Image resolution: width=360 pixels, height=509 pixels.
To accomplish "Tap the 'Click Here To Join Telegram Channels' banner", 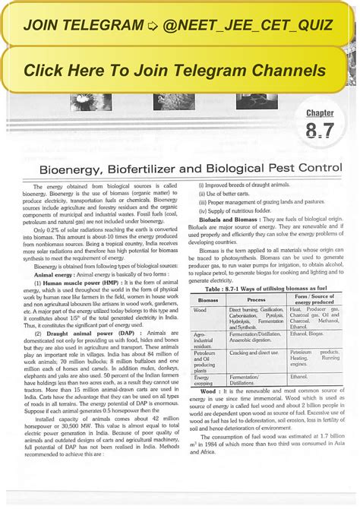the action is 179,70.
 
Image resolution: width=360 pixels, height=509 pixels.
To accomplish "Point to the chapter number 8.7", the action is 320,130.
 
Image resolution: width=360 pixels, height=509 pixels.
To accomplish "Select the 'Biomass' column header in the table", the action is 209,300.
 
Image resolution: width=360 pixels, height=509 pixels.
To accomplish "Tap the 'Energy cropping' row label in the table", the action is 204,380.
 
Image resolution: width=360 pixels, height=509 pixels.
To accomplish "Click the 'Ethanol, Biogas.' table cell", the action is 311,334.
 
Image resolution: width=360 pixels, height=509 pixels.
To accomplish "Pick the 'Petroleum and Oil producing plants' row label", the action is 207,362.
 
